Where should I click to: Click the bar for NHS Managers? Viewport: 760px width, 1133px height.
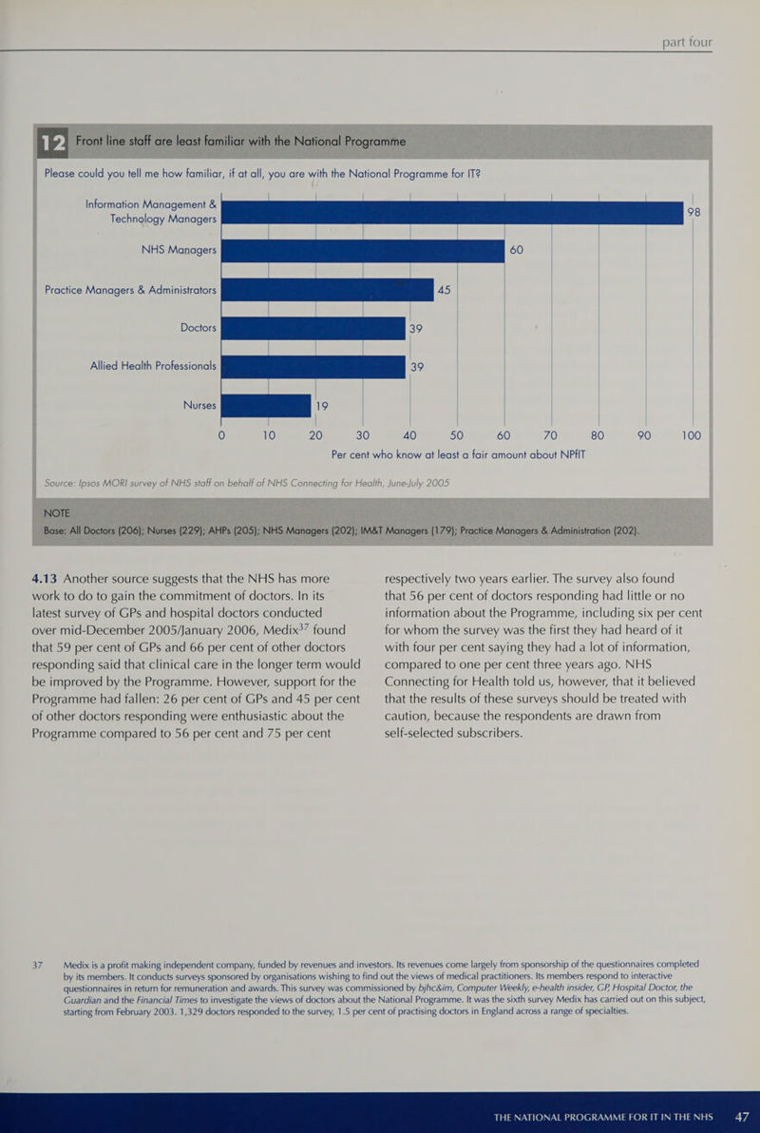(363, 251)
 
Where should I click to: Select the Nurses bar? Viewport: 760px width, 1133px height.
(267, 405)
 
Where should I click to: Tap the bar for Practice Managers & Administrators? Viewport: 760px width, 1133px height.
(327, 290)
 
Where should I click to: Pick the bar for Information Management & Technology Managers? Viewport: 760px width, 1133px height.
(452, 213)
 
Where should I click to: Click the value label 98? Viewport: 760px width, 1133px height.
(693, 213)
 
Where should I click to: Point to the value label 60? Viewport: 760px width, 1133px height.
(517, 250)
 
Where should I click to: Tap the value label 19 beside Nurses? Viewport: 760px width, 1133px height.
(321, 406)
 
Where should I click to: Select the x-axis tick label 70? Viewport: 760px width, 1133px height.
(550, 435)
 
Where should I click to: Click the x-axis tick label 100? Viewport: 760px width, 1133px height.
(692, 435)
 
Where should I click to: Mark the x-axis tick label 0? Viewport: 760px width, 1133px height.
(221, 435)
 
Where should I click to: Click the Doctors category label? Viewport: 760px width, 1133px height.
(198, 328)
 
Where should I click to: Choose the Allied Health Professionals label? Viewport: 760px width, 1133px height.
(153, 366)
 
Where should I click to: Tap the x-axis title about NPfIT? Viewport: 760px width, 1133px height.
(458, 455)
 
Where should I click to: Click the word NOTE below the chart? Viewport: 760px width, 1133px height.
(57, 513)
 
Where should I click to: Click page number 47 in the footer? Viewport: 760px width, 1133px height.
(741, 1117)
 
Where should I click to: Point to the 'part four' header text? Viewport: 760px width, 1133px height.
(687, 42)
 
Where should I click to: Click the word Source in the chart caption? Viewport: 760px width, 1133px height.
(58, 483)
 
